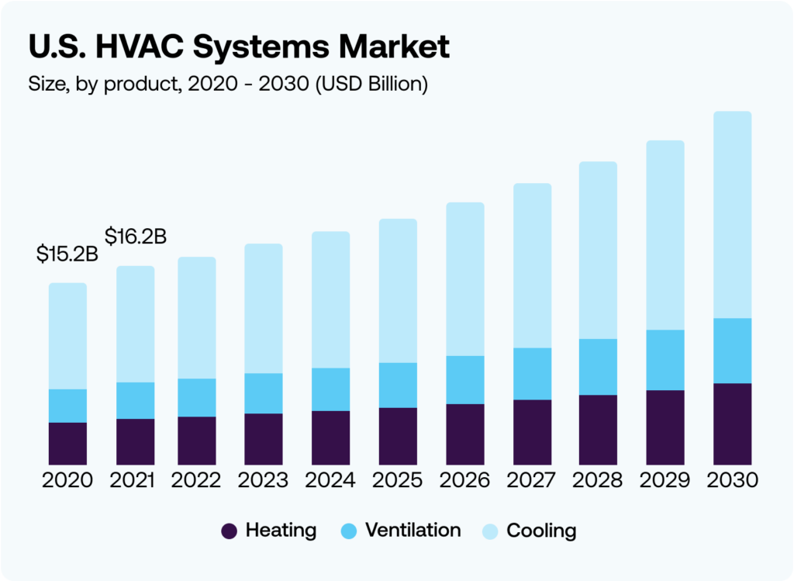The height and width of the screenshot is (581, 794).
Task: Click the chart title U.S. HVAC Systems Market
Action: click(239, 47)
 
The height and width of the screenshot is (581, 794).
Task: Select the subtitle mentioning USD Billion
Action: click(228, 84)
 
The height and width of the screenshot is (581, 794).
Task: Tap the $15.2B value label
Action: click(67, 254)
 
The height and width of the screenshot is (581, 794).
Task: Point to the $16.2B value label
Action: click(136, 235)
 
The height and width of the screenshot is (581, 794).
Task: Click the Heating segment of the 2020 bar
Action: click(67, 443)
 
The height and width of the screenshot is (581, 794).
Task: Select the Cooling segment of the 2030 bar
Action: click(733, 215)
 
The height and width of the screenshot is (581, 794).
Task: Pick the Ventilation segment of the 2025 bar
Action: click(398, 385)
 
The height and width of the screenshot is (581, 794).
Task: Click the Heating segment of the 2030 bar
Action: click(733, 424)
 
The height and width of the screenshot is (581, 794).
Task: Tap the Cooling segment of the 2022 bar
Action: click(197, 318)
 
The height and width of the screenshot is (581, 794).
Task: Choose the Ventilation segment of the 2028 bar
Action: click(598, 367)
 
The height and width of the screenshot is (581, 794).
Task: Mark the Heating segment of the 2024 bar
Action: click(330, 437)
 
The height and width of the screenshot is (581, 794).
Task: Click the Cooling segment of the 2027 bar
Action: click(532, 265)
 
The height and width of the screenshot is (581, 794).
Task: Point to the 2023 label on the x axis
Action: click(264, 480)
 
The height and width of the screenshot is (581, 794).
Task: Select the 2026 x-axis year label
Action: click(464, 480)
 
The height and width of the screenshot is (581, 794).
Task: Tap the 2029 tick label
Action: click(665, 480)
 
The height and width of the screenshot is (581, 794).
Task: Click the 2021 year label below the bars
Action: click(132, 480)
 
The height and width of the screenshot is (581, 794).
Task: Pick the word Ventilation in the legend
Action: click(413, 531)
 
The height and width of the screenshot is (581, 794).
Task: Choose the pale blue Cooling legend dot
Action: click(491, 531)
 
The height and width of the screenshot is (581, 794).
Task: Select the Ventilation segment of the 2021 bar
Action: click(136, 400)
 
